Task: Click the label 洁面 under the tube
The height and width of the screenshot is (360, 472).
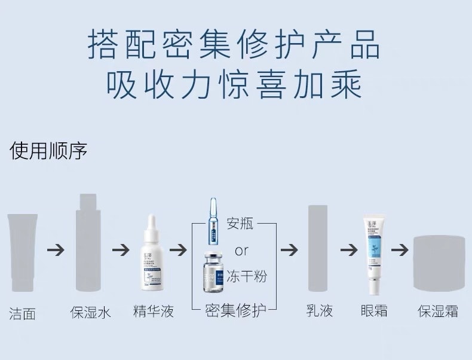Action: point(23,313)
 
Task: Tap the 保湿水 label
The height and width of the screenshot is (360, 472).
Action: point(90,312)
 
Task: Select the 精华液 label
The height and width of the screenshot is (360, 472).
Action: point(154,311)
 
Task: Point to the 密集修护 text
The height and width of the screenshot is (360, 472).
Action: point(235,310)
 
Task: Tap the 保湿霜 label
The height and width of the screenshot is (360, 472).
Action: point(438,311)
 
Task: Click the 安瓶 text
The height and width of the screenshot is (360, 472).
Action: point(240,224)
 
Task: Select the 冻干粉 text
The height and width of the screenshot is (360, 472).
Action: point(246,276)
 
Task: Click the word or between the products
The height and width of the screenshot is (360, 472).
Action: point(241,250)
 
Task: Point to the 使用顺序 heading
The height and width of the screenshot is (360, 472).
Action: point(48,151)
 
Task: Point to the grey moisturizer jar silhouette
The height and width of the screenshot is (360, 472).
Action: point(439,263)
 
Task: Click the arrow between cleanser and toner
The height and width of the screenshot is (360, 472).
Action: point(56,250)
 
